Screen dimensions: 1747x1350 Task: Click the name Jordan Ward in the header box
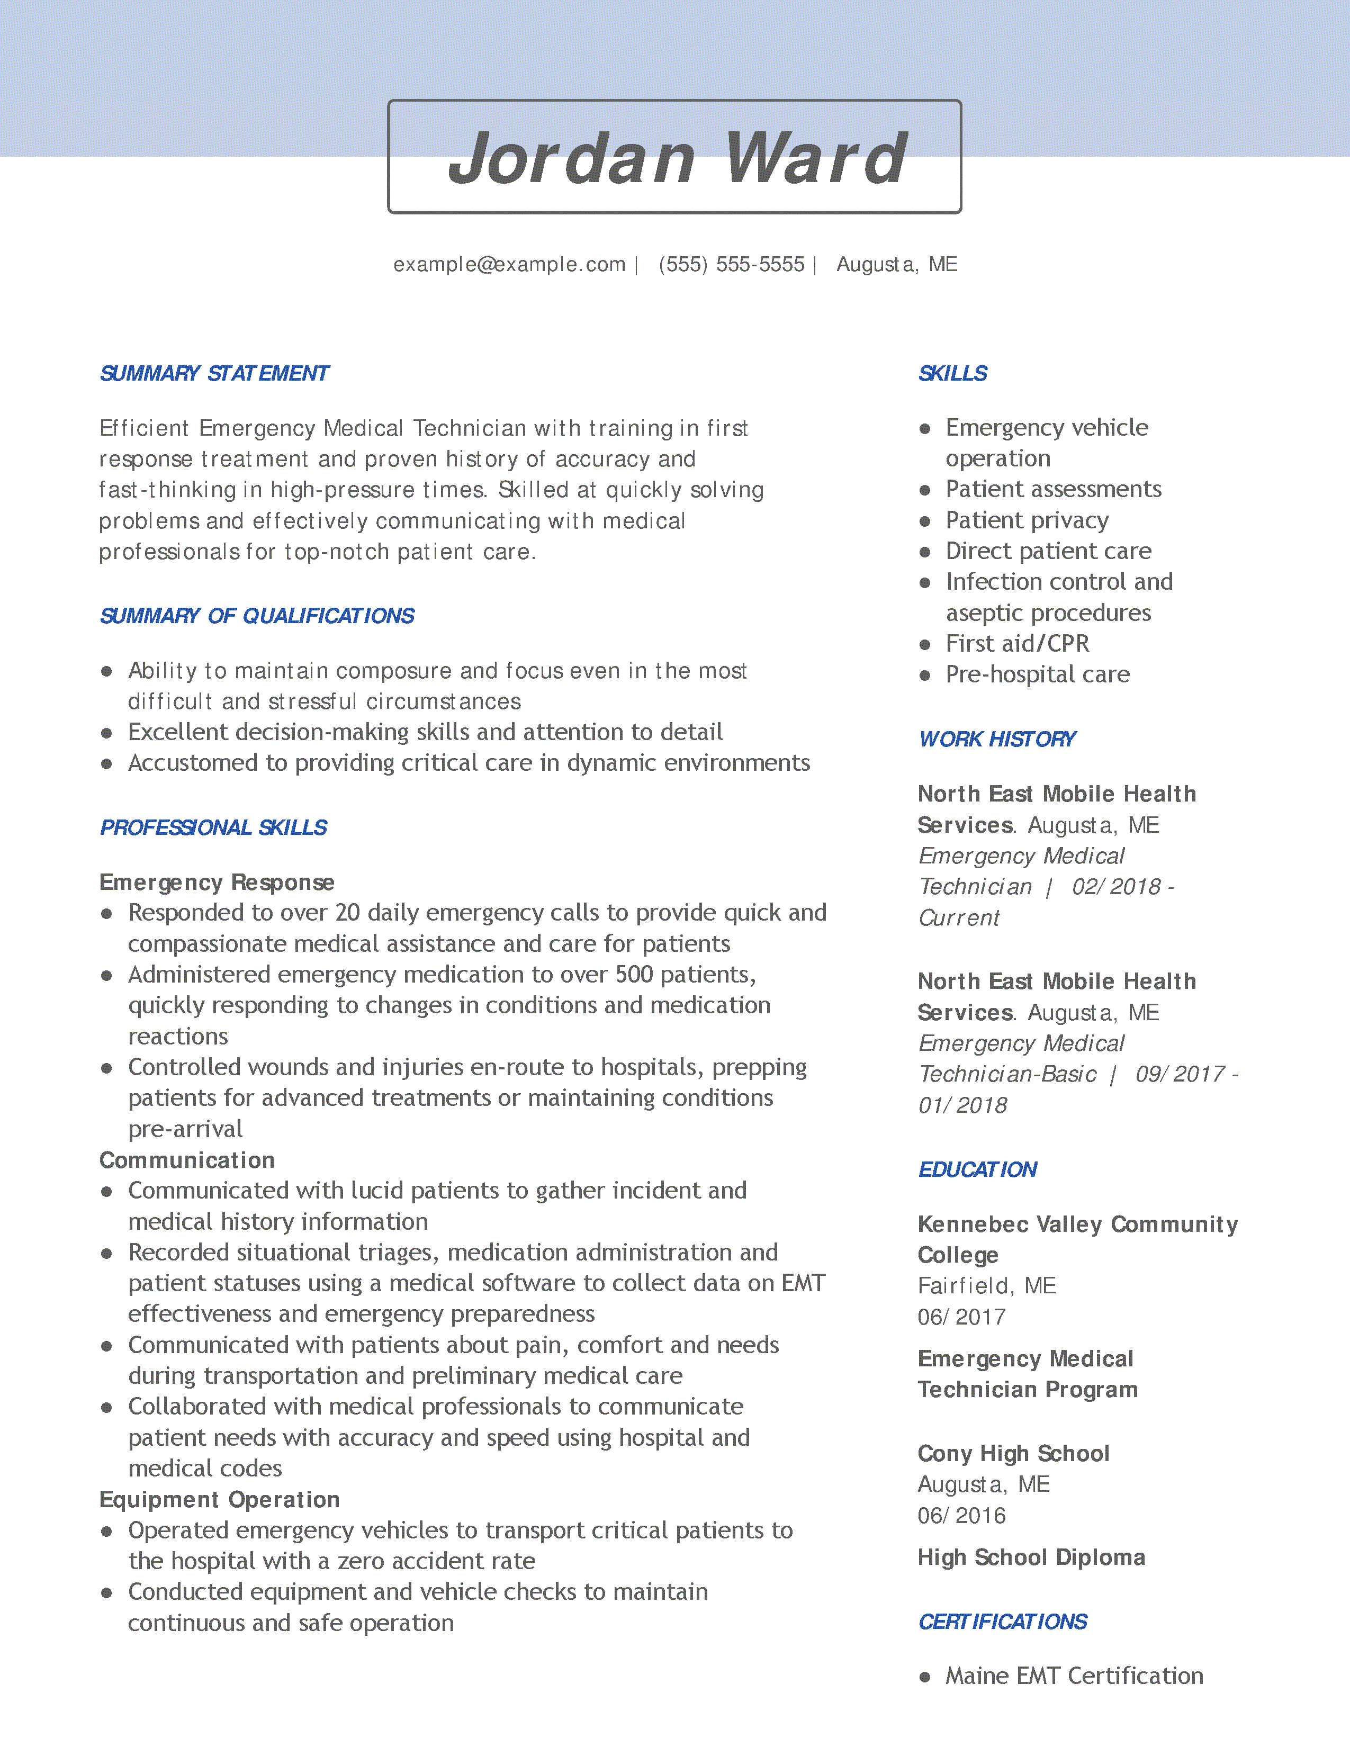click(677, 158)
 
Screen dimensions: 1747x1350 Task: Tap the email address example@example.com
click(509, 265)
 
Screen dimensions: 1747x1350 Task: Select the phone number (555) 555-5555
click(731, 265)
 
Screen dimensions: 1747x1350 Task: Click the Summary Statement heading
click(214, 374)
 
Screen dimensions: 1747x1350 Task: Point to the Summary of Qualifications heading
click(257, 616)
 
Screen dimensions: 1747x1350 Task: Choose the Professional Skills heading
click(213, 828)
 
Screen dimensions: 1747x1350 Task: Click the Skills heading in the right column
click(952, 374)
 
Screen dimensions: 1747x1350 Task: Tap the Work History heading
click(996, 739)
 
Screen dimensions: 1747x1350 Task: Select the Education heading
click(977, 1169)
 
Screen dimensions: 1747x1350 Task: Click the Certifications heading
click(1002, 1622)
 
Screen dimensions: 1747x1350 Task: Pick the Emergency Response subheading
click(217, 882)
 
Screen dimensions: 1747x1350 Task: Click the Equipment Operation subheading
click(219, 1500)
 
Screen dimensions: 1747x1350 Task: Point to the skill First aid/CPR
click(1018, 644)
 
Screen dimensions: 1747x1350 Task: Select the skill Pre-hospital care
click(1037, 674)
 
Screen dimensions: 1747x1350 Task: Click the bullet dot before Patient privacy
click(925, 521)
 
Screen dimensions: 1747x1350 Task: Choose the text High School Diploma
click(1031, 1557)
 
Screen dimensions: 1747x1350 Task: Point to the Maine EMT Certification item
click(1074, 1676)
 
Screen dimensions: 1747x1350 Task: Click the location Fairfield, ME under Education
click(987, 1285)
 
